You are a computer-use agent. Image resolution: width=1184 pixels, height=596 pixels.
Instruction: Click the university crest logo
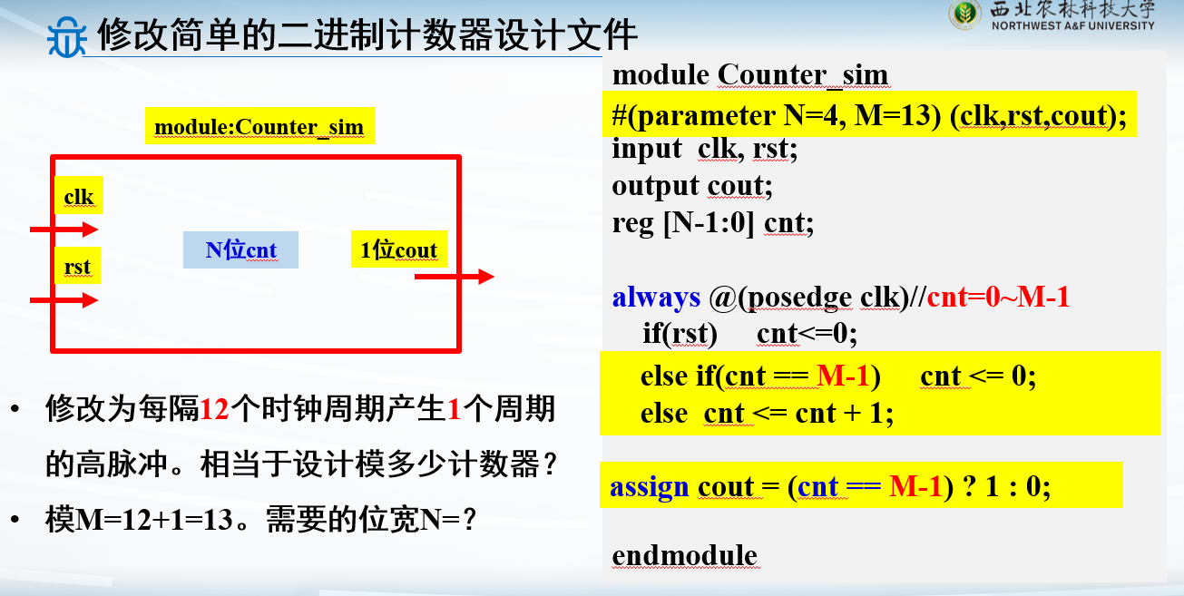point(965,15)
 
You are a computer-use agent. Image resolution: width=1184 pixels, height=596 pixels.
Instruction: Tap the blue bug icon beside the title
point(66,37)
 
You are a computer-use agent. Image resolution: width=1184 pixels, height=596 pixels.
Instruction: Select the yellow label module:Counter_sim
point(259,126)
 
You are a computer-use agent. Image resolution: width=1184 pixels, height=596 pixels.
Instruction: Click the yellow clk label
point(79,196)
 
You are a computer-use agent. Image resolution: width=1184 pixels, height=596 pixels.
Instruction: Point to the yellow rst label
point(78,266)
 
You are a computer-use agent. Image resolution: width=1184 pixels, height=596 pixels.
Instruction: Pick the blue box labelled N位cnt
point(240,249)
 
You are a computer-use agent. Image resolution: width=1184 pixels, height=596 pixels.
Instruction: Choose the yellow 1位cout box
point(399,249)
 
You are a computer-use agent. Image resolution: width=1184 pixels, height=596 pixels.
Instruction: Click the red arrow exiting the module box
point(455,277)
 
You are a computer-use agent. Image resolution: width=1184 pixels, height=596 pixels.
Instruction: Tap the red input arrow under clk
point(64,230)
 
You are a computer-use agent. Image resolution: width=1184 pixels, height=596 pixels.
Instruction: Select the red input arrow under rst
point(64,300)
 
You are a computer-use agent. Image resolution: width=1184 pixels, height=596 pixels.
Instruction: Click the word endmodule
point(684,555)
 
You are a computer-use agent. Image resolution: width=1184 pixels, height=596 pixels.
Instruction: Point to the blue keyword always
point(656,297)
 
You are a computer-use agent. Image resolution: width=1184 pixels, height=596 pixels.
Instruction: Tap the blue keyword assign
point(649,486)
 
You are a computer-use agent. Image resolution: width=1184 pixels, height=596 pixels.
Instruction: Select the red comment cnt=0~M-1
point(998,297)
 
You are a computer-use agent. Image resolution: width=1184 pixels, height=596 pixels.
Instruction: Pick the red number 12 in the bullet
point(215,409)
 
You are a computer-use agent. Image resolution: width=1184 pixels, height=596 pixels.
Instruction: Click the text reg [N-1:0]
point(683,223)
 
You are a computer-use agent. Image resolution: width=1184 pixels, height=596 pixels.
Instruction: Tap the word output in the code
point(655,186)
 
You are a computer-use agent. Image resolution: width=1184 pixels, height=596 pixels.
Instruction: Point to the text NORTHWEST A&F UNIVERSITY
point(1073,26)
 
